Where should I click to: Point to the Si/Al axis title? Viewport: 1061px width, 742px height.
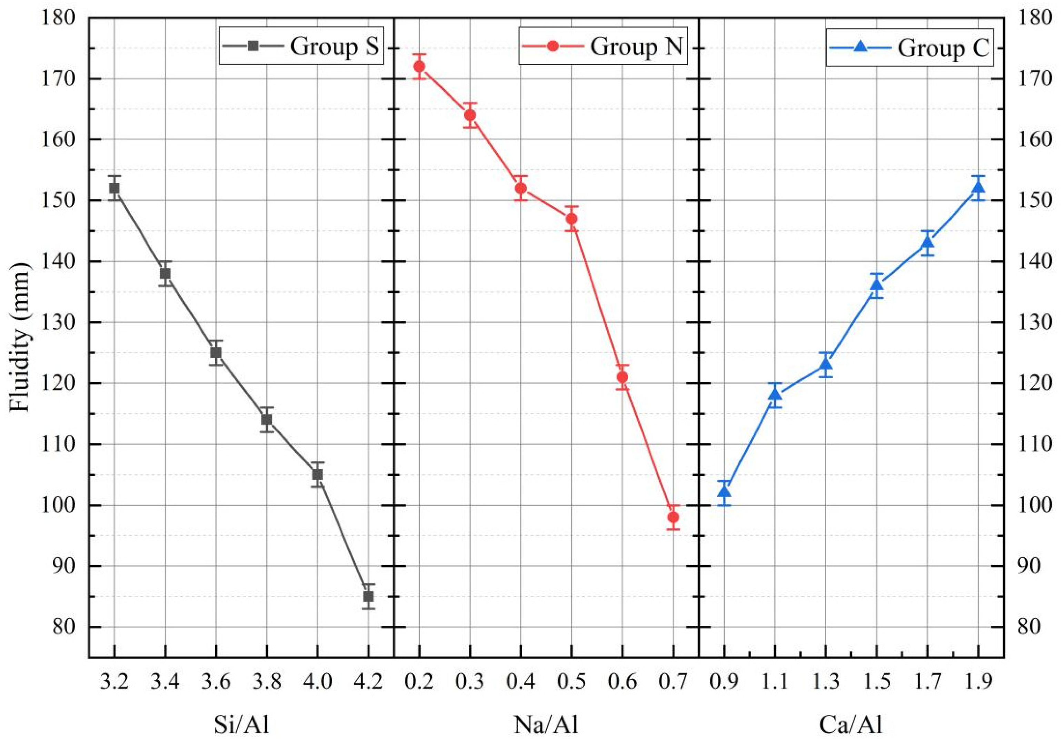pyautogui.click(x=241, y=724)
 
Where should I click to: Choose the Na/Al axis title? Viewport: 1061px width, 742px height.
pyautogui.click(x=546, y=724)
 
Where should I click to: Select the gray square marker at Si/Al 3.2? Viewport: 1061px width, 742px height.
pyautogui.click(x=114, y=188)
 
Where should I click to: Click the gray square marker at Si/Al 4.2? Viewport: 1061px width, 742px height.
pyautogui.click(x=368, y=596)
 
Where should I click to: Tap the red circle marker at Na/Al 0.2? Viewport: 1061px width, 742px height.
pyautogui.click(x=419, y=67)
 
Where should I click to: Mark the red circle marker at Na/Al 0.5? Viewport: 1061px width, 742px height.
pyautogui.click(x=572, y=219)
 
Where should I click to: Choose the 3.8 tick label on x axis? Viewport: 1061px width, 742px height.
pyautogui.click(x=267, y=681)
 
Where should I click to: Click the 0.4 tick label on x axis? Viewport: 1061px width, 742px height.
pyautogui.click(x=521, y=681)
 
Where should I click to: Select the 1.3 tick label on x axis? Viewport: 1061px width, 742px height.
pyautogui.click(x=826, y=681)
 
